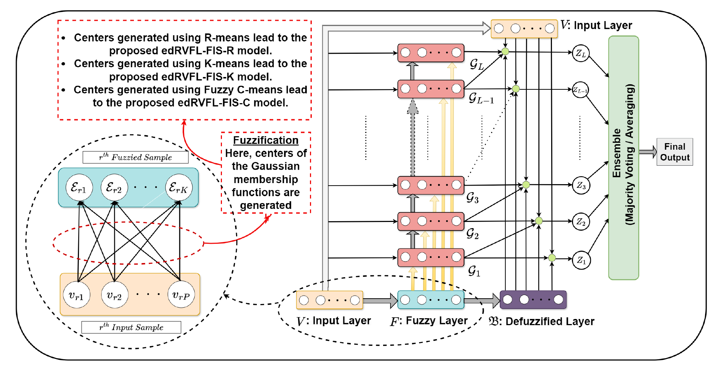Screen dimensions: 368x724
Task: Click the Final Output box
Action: click(675, 152)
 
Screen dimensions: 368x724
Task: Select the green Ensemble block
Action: click(624, 158)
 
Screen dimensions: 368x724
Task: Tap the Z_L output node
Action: click(581, 53)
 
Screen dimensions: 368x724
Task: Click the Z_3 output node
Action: click(581, 185)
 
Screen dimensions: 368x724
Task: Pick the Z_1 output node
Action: click(581, 260)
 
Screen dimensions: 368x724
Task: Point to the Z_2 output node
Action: click(581, 222)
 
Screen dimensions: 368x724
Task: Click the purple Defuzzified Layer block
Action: click(533, 300)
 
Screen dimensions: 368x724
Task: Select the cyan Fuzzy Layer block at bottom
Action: click(431, 300)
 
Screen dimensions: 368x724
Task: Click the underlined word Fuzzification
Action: click(266, 140)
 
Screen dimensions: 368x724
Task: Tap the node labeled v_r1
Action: click(76, 295)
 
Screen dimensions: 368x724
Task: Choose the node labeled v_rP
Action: click(181, 295)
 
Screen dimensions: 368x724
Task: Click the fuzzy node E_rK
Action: click(179, 187)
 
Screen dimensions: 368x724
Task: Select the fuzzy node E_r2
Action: click(114, 187)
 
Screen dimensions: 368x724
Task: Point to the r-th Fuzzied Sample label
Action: click(135, 157)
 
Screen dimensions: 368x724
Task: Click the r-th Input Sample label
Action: click(131, 327)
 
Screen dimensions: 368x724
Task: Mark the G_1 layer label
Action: click(474, 271)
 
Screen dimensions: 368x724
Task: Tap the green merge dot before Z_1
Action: click(552, 258)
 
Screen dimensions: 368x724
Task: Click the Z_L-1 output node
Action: click(580, 90)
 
